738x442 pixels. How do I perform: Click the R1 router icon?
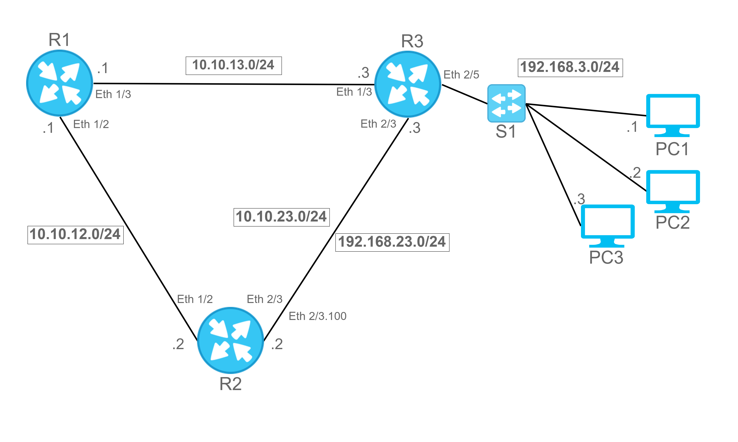(x=59, y=83)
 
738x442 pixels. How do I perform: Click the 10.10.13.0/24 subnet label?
(x=234, y=66)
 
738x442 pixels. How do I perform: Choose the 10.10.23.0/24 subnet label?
(x=282, y=217)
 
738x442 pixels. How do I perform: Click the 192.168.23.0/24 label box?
(x=392, y=242)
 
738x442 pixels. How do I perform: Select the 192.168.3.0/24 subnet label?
(x=570, y=68)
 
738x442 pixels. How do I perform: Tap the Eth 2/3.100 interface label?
(x=318, y=316)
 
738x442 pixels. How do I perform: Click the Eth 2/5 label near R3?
(x=461, y=75)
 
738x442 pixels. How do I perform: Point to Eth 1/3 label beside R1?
(x=113, y=94)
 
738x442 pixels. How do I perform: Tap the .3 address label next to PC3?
(x=579, y=199)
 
